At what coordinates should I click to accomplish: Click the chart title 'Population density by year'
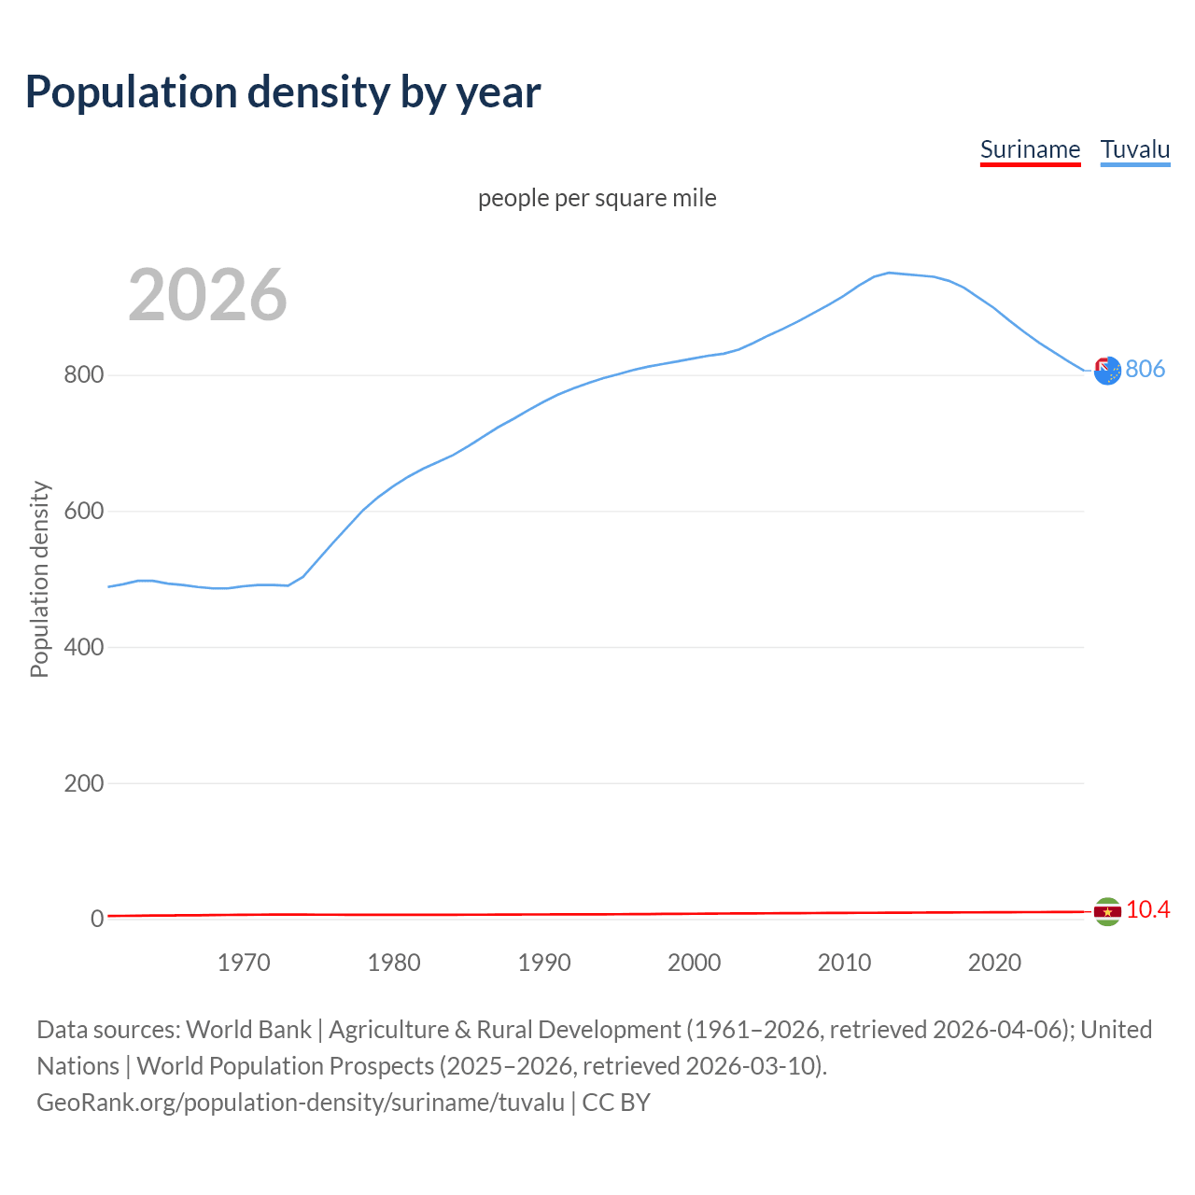click(x=283, y=92)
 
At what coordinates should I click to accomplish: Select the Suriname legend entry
click(x=1030, y=149)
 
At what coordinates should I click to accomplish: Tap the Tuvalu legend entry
click(x=1134, y=149)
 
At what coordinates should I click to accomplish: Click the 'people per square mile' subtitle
click(x=597, y=198)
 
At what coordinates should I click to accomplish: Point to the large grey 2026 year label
click(x=207, y=295)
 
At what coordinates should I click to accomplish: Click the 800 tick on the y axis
click(x=83, y=375)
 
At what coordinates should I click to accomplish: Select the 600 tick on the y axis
click(x=83, y=512)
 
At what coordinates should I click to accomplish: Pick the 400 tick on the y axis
click(x=83, y=647)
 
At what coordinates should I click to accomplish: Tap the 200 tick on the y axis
click(x=83, y=783)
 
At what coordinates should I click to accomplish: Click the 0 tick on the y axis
click(x=96, y=919)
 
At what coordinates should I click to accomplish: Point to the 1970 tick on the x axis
click(x=244, y=963)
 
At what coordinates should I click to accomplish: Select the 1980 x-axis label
click(x=394, y=963)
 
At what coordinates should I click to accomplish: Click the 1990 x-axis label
click(x=544, y=963)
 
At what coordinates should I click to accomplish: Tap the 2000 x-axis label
click(x=694, y=963)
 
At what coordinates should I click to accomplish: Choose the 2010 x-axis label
click(x=844, y=963)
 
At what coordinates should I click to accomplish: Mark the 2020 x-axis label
click(x=994, y=963)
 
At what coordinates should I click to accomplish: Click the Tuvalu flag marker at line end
click(x=1107, y=371)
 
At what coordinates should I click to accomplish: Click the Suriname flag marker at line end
click(x=1107, y=911)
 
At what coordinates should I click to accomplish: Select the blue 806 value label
click(x=1145, y=370)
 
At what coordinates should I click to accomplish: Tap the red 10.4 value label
click(x=1147, y=910)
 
